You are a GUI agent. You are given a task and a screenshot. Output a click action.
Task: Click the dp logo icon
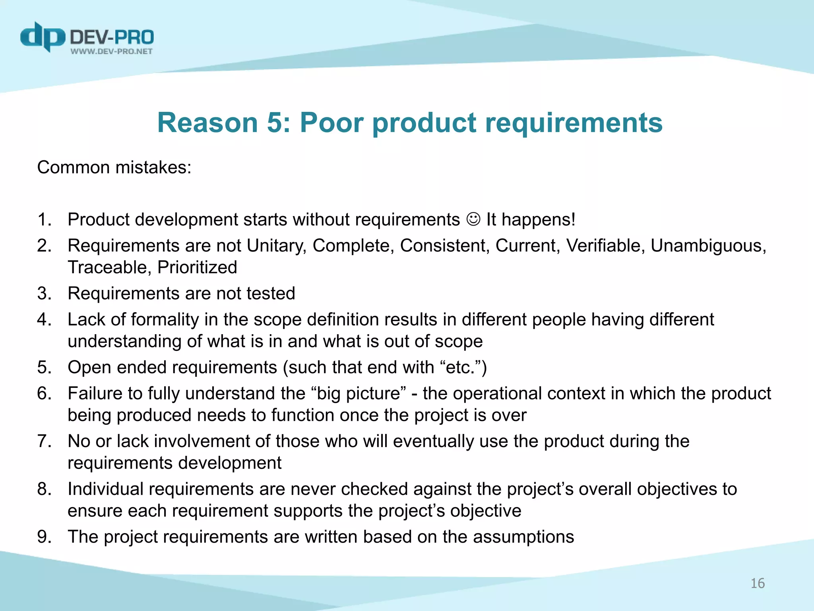click(x=42, y=37)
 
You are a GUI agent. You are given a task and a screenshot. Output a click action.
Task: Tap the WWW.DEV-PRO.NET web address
click(x=111, y=51)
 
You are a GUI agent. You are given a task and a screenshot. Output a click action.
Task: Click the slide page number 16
click(x=757, y=583)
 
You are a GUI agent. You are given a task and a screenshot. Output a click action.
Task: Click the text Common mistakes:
click(x=114, y=167)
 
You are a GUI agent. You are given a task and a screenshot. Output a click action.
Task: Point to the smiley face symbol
click(x=473, y=219)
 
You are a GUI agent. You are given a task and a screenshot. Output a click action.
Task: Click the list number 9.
click(x=44, y=537)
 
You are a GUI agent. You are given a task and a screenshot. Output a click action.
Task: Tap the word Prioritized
click(x=197, y=267)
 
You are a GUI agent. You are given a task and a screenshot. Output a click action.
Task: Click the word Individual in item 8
click(x=105, y=489)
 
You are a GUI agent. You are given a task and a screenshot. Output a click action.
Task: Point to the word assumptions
click(x=523, y=537)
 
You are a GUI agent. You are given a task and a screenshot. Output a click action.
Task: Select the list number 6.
click(x=44, y=393)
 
